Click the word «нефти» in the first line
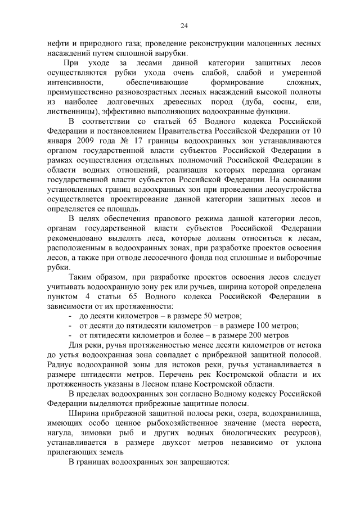pos(58,43)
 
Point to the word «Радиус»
pos(62,365)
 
